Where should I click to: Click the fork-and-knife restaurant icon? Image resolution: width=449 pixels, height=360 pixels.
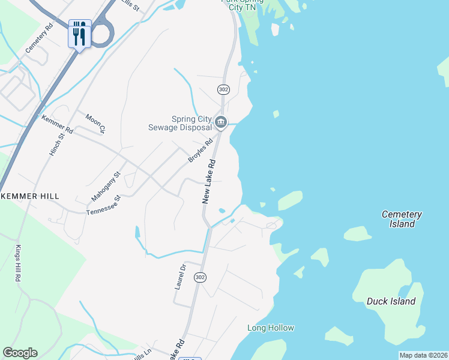coord(80,34)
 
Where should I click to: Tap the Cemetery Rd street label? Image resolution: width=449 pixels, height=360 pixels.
coord(40,38)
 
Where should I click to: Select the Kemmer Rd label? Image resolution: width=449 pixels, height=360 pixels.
coord(57,124)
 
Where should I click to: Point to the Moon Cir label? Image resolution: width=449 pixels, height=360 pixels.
coord(95,123)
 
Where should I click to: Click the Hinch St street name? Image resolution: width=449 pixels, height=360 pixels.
coord(56,145)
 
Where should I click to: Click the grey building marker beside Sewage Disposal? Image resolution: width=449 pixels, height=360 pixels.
coord(221,123)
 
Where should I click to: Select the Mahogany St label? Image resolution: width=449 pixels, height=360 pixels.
coord(106,186)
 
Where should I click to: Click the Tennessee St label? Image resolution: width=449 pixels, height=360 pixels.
coord(104,205)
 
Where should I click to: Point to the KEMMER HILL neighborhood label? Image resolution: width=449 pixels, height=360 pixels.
coord(28,196)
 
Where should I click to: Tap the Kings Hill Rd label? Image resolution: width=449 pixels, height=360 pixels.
coord(19,265)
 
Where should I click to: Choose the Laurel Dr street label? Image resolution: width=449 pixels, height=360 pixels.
coord(179,277)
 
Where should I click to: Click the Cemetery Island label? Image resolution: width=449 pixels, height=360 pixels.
coord(402,219)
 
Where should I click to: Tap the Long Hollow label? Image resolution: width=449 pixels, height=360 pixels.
coord(271,328)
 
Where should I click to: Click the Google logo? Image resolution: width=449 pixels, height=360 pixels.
coord(20,353)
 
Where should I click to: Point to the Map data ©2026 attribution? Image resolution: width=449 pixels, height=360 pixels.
coord(423,355)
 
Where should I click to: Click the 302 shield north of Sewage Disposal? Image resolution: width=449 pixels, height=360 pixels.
coord(223,89)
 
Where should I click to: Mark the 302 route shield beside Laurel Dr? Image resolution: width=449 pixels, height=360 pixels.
coord(200,277)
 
